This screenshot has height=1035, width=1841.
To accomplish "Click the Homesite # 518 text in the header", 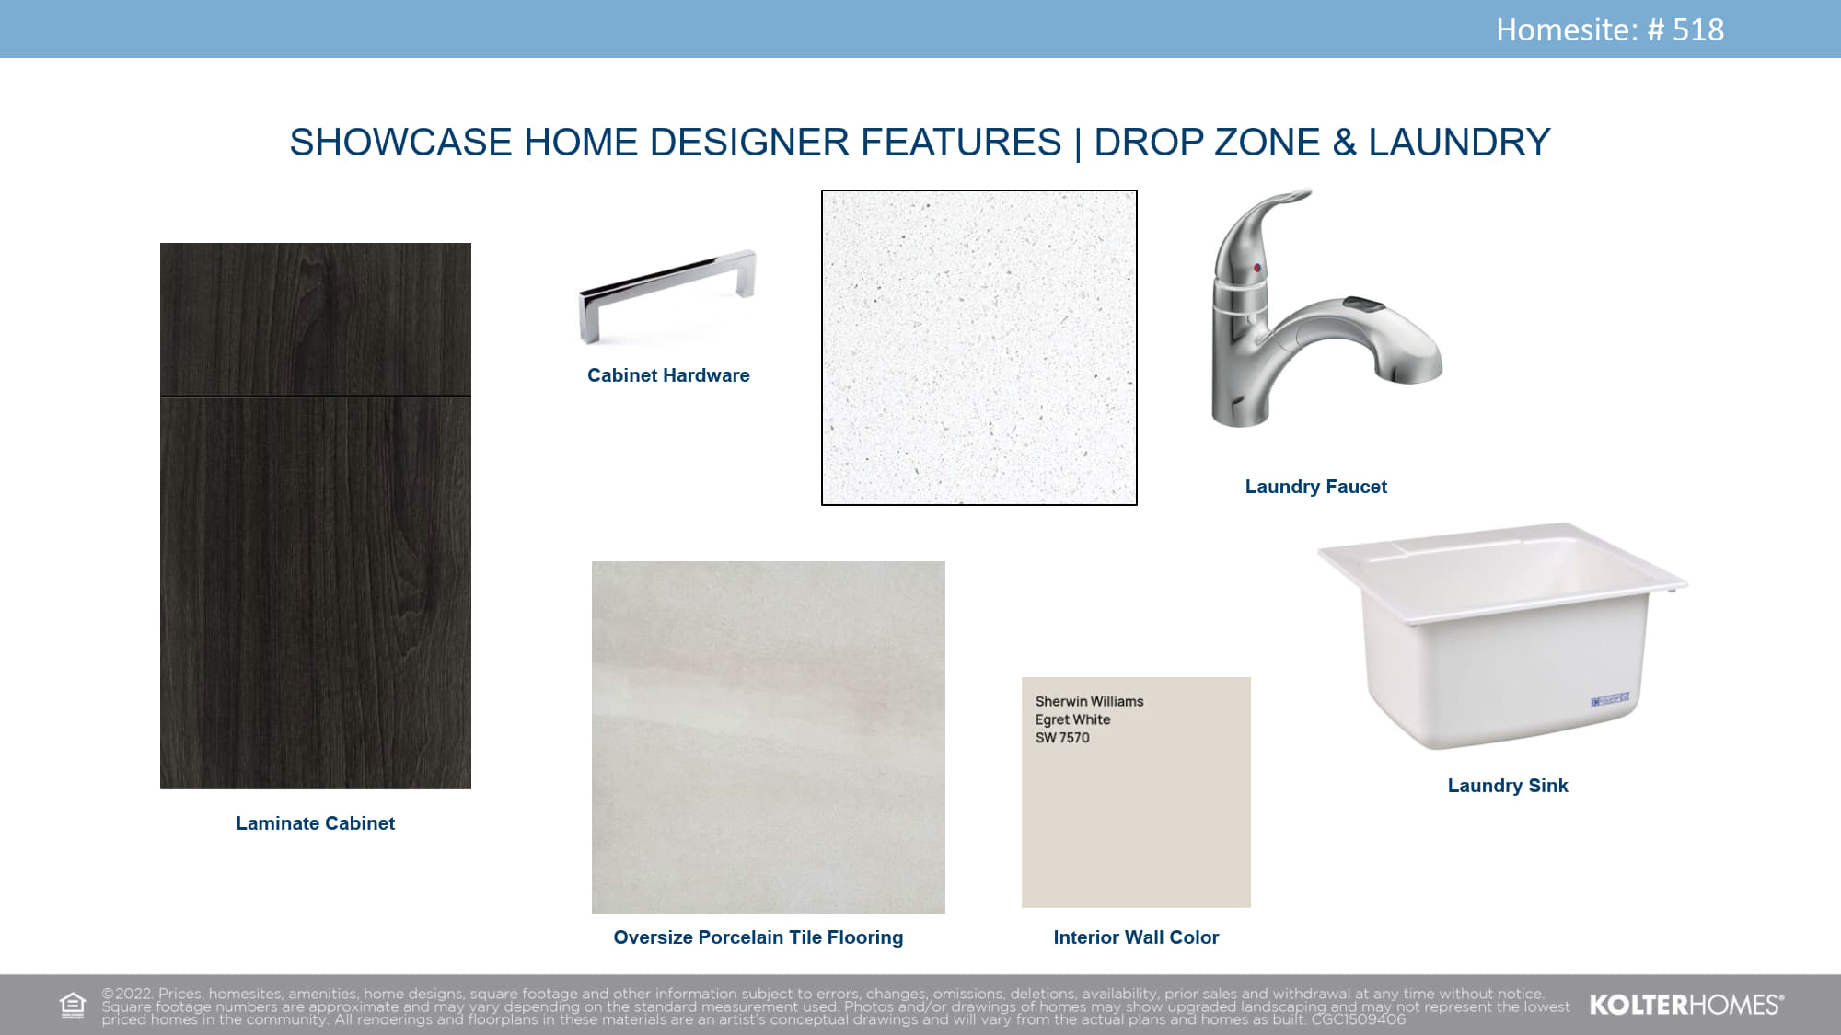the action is pos(1610,29).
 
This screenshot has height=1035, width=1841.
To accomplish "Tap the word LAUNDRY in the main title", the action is pos(1459,143).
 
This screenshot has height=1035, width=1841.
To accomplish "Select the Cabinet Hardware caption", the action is pos(668,375).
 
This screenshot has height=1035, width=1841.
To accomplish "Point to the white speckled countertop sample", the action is pos(979,348).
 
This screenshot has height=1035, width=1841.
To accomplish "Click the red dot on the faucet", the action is pos(1256,268).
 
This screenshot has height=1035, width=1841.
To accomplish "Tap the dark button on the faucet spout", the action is pos(1363,304).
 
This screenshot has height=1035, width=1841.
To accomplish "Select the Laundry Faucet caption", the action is pos(1315,487).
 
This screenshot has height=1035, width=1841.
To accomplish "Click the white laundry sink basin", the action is pos(1502,635).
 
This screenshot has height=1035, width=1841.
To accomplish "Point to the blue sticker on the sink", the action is pos(1610,701).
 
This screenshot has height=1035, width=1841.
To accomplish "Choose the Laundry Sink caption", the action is pos(1508,786).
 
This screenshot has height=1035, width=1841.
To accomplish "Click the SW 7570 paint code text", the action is pos(1062,738).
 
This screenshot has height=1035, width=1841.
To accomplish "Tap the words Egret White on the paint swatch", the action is pos(1072,719).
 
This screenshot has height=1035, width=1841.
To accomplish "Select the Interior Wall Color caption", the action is pos(1136,937).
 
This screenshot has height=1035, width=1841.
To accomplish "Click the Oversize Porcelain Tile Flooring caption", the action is pos(758,937).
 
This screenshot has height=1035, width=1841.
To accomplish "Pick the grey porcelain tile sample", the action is pos(769,737).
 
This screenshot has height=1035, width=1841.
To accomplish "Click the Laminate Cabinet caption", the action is pos(315,823).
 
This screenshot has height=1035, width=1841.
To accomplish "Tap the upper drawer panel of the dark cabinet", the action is pos(316,319).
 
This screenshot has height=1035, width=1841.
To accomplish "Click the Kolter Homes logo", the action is pos(1686,1005).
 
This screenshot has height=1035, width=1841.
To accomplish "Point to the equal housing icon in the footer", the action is pos(72,1006).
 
